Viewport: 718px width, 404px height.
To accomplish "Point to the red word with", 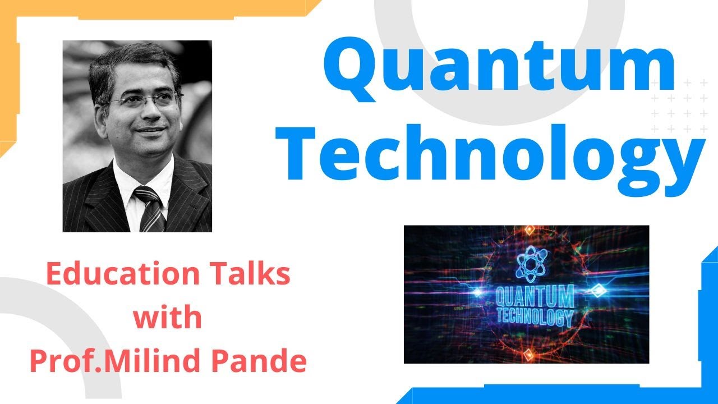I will pyautogui.click(x=167, y=318).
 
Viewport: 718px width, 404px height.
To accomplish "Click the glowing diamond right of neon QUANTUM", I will pyautogui.click(x=599, y=291).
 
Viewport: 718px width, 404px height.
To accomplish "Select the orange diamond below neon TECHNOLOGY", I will pyautogui.click(x=527, y=353).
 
